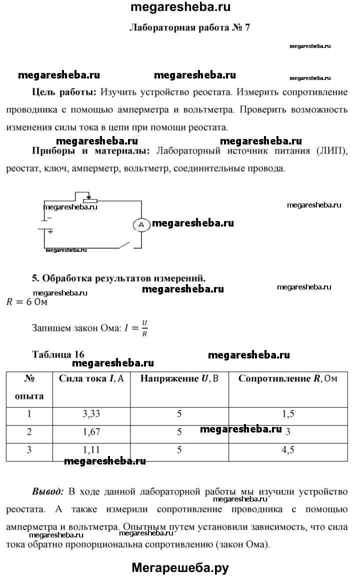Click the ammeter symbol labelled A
141,225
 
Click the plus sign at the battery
50,231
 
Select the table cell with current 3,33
91,414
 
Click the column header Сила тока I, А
91,378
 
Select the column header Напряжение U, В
179,378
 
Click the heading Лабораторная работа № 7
189,28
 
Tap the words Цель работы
64,92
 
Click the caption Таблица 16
58,354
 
